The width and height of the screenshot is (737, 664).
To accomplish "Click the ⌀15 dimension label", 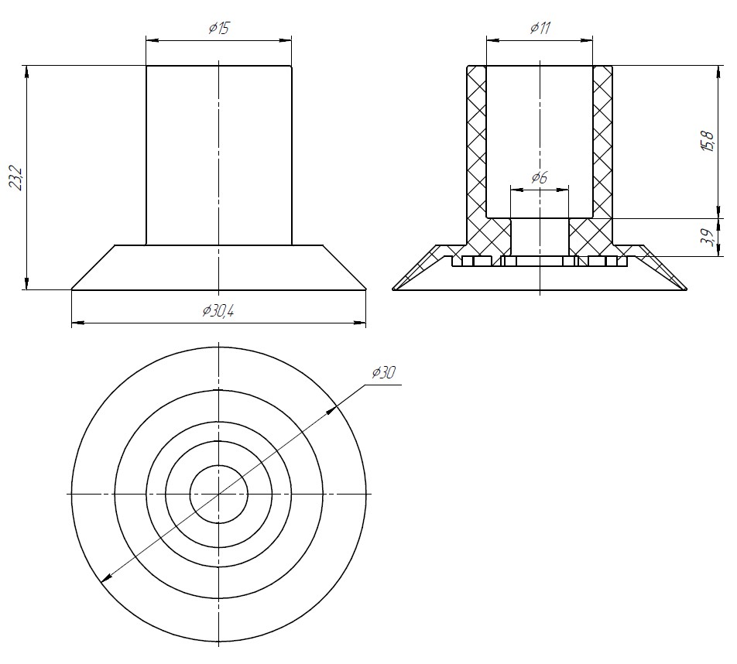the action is coord(218,29).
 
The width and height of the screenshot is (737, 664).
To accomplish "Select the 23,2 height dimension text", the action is coord(16,177).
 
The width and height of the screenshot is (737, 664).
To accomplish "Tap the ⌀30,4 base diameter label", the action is coord(218,310).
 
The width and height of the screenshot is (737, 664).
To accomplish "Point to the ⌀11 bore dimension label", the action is coord(540,28).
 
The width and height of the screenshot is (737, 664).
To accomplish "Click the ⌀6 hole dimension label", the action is coord(540,178).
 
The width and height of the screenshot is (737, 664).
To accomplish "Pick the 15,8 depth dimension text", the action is coord(708,140).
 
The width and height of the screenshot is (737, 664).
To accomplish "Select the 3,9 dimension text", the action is coord(708,238).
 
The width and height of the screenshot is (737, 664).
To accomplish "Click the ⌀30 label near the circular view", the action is coord(384,373).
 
